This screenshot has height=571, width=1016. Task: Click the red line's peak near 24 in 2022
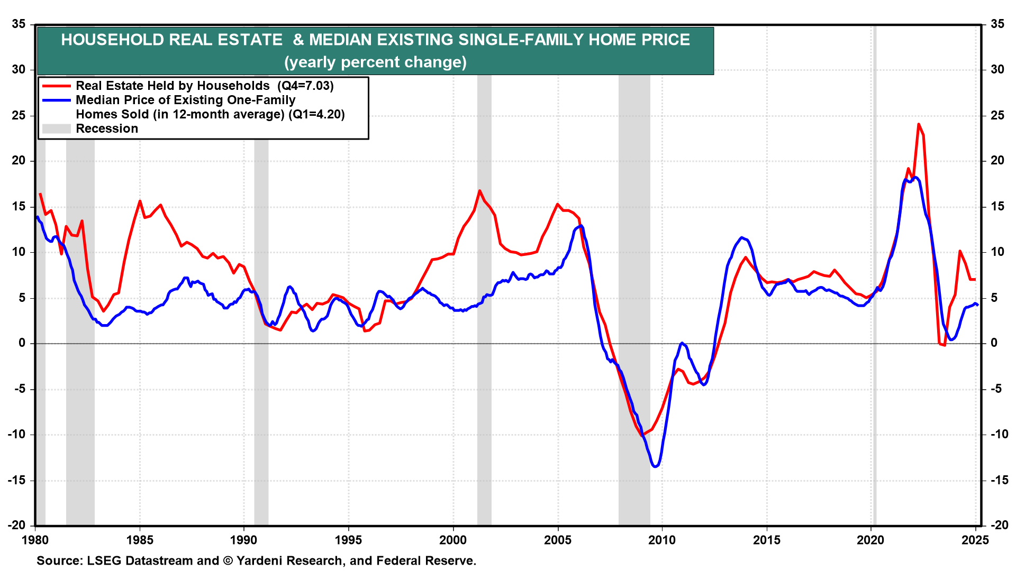pyautogui.click(x=918, y=124)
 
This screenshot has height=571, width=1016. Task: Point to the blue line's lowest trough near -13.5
pyautogui.click(x=655, y=466)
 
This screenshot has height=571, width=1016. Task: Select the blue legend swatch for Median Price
pyautogui.click(x=56, y=100)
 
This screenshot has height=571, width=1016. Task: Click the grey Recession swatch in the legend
pyautogui.click(x=56, y=129)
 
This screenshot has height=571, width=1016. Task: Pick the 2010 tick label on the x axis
pyautogui.click(x=662, y=540)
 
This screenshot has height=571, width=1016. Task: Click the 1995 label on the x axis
pyautogui.click(x=348, y=540)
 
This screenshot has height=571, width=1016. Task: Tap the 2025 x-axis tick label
pyautogui.click(x=975, y=540)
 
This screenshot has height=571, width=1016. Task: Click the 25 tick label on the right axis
pyautogui.click(x=997, y=115)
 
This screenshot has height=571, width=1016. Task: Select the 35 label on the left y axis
pyautogui.click(x=19, y=24)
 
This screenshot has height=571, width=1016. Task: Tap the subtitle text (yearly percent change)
pyautogui.click(x=375, y=62)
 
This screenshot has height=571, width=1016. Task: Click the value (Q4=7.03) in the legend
pyautogui.click(x=305, y=86)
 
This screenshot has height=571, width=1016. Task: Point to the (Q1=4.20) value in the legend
pyautogui.click(x=316, y=115)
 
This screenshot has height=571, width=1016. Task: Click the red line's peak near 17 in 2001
pyautogui.click(x=479, y=190)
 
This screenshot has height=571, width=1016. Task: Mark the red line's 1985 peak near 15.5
pyautogui.click(x=140, y=201)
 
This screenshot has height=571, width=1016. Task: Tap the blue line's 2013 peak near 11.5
pyautogui.click(x=741, y=237)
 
